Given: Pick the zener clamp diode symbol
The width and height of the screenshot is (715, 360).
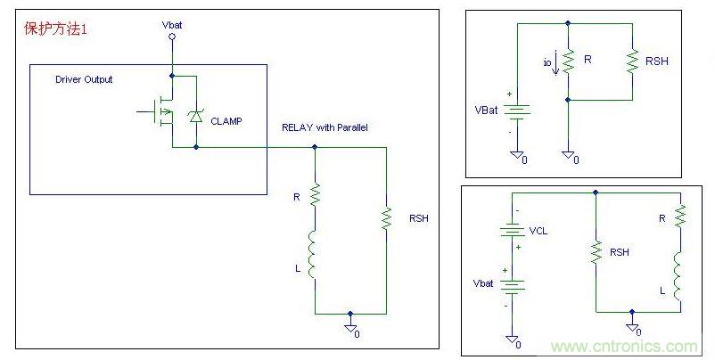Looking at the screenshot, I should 195,115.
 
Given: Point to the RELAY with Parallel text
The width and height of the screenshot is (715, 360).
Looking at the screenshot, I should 325,128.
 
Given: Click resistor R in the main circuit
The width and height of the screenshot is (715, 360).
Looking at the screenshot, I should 314,193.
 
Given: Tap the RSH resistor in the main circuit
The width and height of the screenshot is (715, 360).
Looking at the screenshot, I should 386,219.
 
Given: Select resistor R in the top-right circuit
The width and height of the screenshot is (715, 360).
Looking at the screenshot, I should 567,61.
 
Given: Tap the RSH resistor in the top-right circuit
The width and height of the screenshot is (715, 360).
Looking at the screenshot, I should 630,61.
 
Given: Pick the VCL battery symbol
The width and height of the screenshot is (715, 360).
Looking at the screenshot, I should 513,229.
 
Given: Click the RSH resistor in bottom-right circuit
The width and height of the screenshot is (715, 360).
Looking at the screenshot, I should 595,252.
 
